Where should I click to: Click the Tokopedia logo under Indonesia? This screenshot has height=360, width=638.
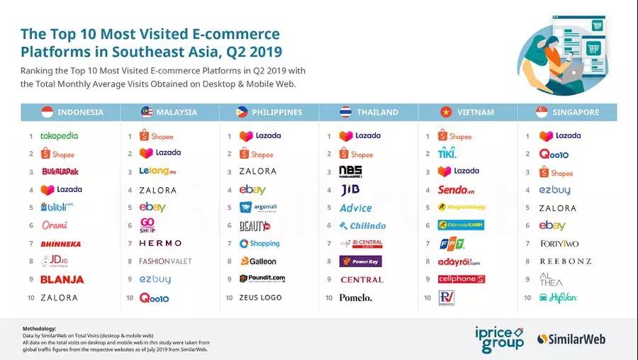pyautogui.click(x=60, y=136)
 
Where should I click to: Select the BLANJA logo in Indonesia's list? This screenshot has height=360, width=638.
pyautogui.click(x=62, y=280)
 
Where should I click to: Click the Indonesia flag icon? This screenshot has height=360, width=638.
pyautogui.click(x=47, y=112)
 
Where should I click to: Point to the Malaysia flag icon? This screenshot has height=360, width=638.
pyautogui.click(x=147, y=112)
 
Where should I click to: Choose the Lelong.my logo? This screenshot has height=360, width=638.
pyautogui.click(x=158, y=172)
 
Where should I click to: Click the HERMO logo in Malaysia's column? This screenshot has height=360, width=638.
pyautogui.click(x=160, y=243)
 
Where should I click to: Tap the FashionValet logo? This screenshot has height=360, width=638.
pyautogui.click(x=165, y=261)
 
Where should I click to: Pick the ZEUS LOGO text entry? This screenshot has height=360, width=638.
pyautogui.click(x=260, y=298)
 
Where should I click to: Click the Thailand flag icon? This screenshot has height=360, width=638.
pyautogui.click(x=345, y=112)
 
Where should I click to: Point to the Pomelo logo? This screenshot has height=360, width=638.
pyautogui.click(x=355, y=298)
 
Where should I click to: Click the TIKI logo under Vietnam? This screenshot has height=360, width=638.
pyautogui.click(x=447, y=154)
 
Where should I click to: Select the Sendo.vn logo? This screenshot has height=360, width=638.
pyautogui.click(x=455, y=190)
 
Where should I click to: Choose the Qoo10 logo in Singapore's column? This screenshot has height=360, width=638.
pyautogui.click(x=554, y=154)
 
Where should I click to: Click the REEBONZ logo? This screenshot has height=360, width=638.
pyautogui.click(x=565, y=261)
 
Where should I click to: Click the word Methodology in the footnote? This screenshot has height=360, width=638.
pyautogui.click(x=38, y=329)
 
